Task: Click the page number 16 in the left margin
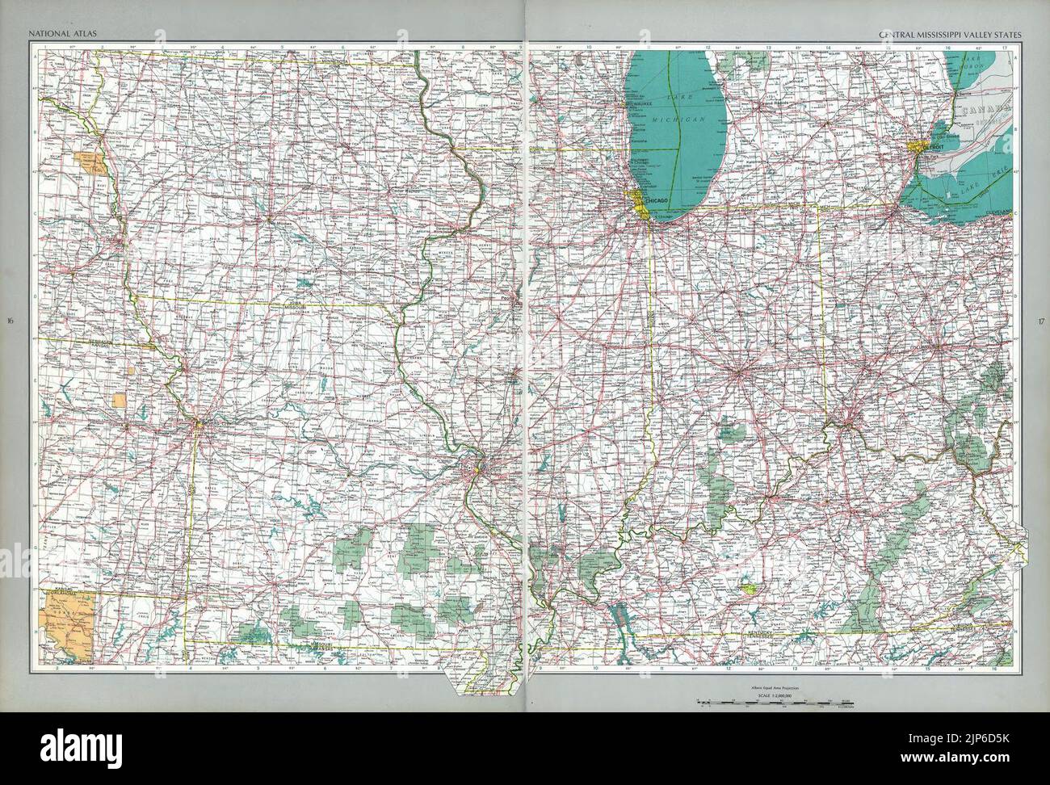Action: tap(10, 323)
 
